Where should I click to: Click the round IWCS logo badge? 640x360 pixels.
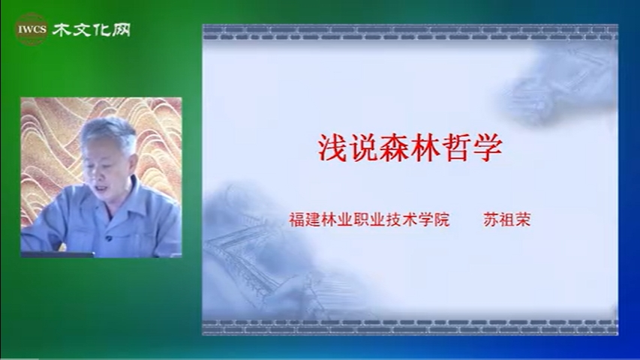tap(31, 29)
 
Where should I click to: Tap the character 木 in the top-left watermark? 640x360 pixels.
tap(62, 30)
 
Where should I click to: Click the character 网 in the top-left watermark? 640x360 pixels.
tap(121, 30)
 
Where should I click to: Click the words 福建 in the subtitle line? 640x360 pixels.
tap(305, 220)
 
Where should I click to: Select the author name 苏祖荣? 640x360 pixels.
tap(507, 220)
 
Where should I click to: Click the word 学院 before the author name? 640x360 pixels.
tap(434, 220)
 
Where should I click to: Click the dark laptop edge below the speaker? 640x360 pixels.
tap(58, 255)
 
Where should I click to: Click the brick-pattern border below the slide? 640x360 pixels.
tap(410, 327)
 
